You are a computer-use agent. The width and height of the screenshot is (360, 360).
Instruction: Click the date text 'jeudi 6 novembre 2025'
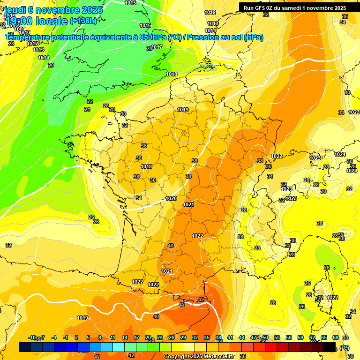[x=49, y=10]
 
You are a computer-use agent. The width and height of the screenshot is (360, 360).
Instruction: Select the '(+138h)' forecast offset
[x=83, y=21]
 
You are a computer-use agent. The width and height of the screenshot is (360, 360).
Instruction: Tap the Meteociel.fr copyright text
[x=199, y=356]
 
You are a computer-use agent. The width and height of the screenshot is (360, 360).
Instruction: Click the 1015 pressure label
[x=131, y=3]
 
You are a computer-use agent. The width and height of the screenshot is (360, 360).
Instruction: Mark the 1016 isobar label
[x=145, y=26]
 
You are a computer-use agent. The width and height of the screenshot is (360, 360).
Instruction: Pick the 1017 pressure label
[x=157, y=47]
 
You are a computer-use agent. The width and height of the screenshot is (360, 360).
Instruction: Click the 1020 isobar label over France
[x=171, y=198]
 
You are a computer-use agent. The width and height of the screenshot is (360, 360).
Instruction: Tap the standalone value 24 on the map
[x=87, y=109]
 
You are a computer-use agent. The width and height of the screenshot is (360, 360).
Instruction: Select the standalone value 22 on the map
[x=90, y=101]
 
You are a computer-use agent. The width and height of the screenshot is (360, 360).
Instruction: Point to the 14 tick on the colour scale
[x=125, y=337]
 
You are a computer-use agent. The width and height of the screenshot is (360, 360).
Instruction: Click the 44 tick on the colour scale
[x=242, y=337]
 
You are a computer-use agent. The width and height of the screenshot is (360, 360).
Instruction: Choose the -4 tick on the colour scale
[x=54, y=337]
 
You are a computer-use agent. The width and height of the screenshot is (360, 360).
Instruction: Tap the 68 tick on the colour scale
[x=336, y=337]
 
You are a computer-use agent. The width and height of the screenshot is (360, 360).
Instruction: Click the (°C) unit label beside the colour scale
[x=345, y=348]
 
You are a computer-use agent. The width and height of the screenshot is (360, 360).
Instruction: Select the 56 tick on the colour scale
[x=289, y=337]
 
